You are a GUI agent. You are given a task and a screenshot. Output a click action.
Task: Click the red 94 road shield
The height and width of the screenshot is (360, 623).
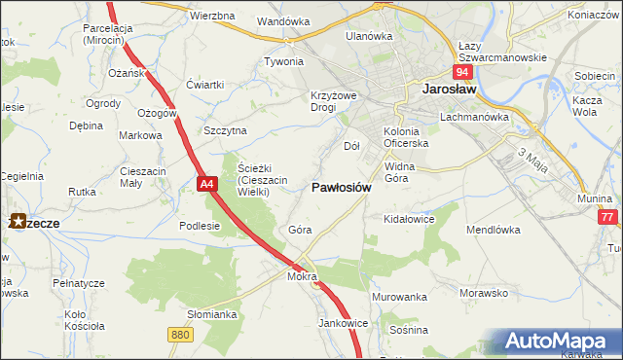pyautogui.click(x=462, y=73)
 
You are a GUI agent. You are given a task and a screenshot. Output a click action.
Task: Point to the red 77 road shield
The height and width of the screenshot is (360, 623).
pyautogui.click(x=609, y=218)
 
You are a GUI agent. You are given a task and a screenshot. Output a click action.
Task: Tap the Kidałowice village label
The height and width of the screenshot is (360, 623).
pyautogui.click(x=409, y=220)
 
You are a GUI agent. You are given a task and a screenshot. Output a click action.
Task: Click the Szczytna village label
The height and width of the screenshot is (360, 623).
pyautogui.click(x=225, y=130)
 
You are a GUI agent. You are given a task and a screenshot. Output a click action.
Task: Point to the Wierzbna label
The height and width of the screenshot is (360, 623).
pyautogui.click(x=213, y=17)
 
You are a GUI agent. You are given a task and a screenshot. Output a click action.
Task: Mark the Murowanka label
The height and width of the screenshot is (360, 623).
pyautogui.click(x=399, y=296)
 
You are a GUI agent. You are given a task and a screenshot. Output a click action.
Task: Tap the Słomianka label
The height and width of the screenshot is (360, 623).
pyautogui.click(x=212, y=314)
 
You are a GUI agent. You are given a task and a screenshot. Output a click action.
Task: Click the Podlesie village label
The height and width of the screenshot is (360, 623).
pyautogui.click(x=200, y=225)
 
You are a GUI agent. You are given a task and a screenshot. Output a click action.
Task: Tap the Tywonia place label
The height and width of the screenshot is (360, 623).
pyautogui.click(x=283, y=61)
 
